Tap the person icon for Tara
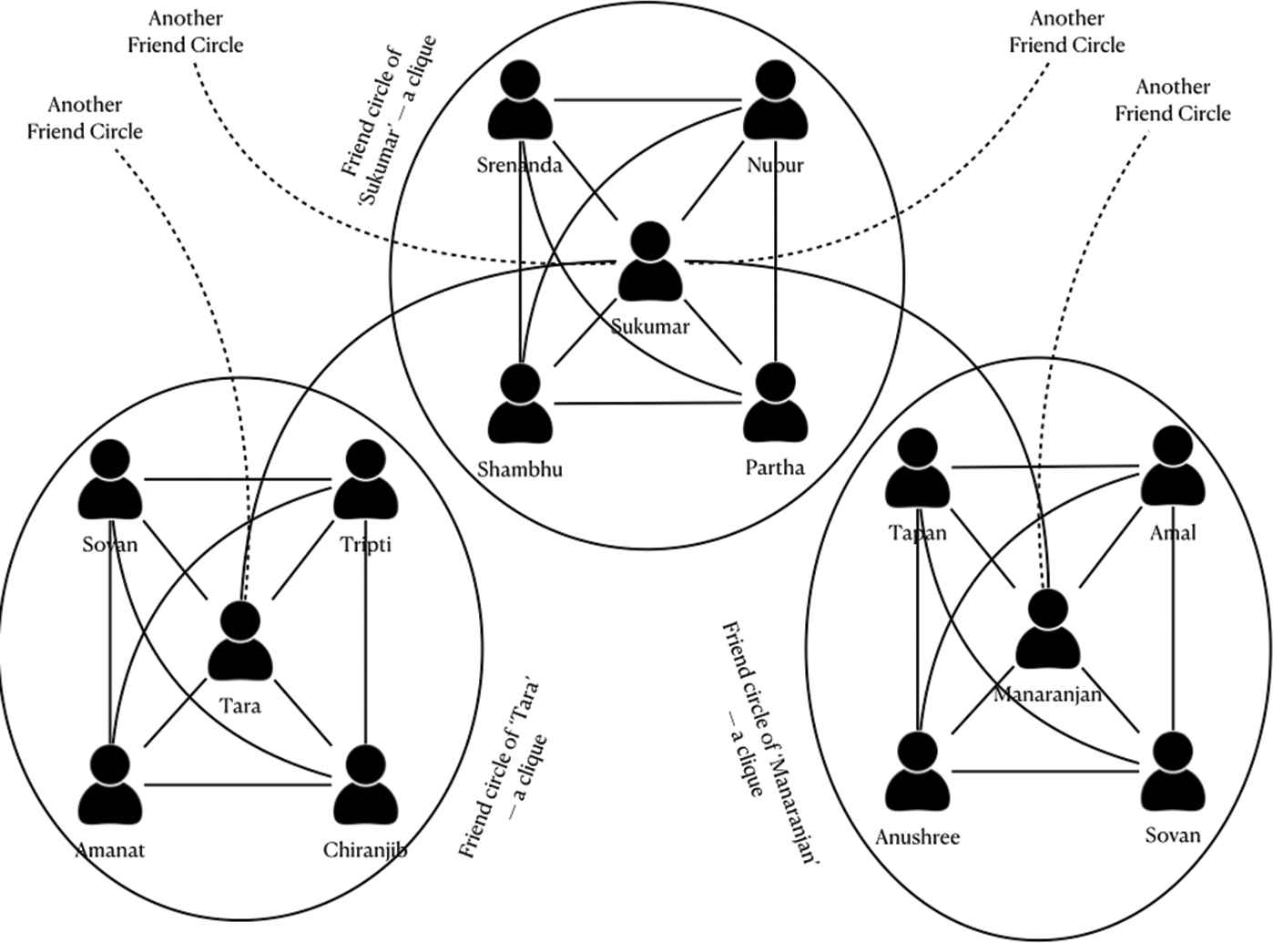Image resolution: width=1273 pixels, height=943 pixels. point(241,641)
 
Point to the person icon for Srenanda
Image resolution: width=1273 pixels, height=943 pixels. point(520,103)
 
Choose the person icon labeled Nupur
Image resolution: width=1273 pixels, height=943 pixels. point(776,103)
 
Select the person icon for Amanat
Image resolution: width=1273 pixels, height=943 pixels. point(110,785)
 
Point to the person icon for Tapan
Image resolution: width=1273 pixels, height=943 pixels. point(918,470)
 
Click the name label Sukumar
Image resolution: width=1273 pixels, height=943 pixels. point(650,326)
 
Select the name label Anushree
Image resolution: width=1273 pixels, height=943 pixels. point(917,836)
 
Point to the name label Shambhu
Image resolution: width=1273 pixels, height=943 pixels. point(520,469)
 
